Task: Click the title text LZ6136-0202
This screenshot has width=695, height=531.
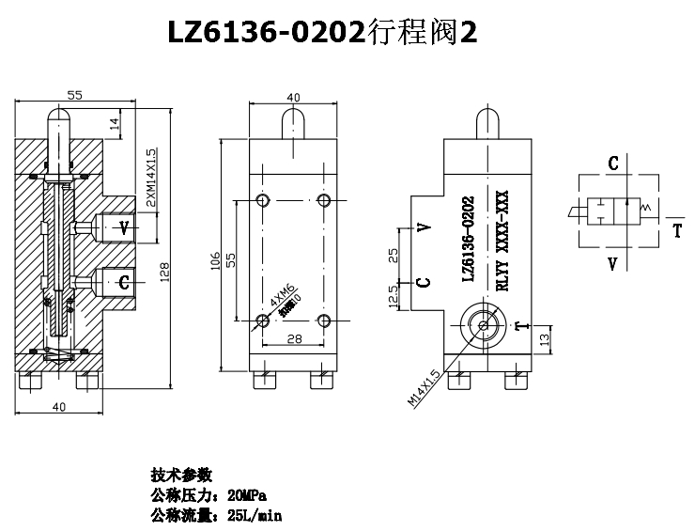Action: [x=266, y=35]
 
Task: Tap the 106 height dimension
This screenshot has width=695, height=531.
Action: [x=216, y=259]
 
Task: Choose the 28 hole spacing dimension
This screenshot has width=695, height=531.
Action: [x=294, y=337]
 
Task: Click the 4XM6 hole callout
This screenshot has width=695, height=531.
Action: [x=281, y=301]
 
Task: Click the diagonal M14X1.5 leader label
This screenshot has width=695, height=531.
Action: [x=425, y=387]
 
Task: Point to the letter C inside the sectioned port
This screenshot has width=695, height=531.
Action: [x=123, y=280]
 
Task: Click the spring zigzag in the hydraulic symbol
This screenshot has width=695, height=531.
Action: [x=643, y=208]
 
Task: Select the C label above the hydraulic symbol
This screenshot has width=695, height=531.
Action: [x=613, y=164]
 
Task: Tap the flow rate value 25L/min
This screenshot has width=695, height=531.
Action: [x=255, y=515]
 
